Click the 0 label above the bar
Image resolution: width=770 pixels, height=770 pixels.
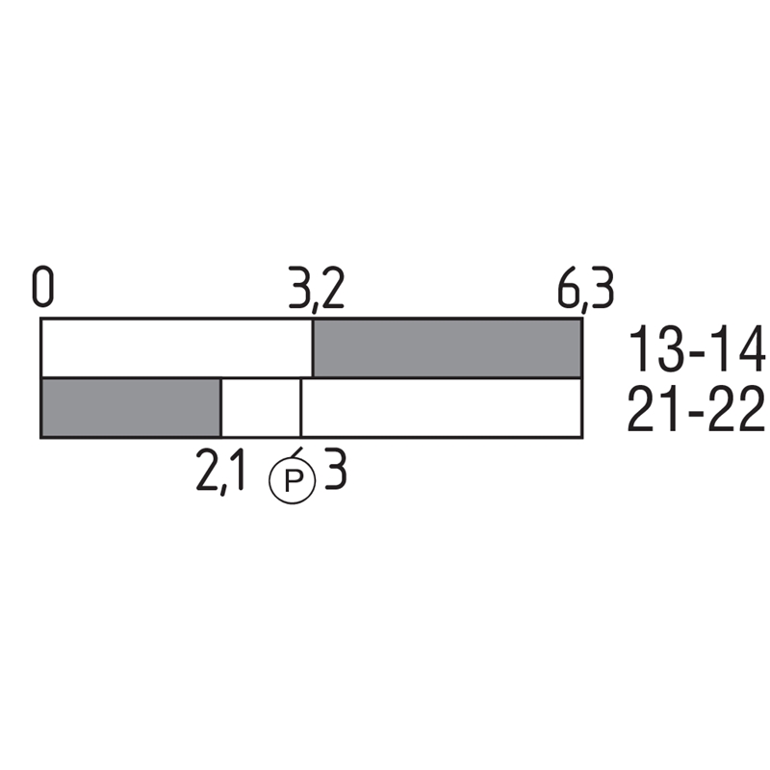[x=43, y=286]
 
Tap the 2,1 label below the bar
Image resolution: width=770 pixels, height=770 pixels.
[x=220, y=473]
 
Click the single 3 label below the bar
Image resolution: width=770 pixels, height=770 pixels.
[x=336, y=468]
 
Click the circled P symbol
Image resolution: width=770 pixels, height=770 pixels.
[x=293, y=480]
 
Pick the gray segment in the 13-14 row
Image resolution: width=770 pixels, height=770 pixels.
[x=448, y=348]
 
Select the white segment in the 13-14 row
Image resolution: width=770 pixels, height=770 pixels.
[x=177, y=348]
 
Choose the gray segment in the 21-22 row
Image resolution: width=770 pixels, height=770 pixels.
[x=131, y=407]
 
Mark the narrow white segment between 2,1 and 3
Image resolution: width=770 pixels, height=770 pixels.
[x=261, y=407]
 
